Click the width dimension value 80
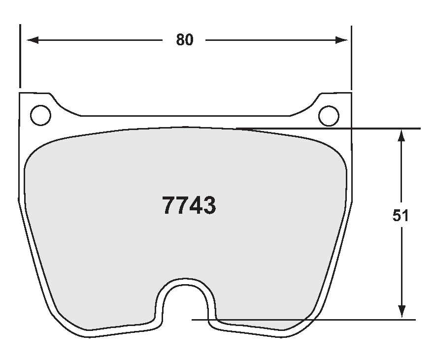(x=185, y=40)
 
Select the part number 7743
(x=189, y=205)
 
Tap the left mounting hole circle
(x=40, y=115)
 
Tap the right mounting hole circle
(x=329, y=116)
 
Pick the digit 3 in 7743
(x=209, y=205)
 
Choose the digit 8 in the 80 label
(x=180, y=40)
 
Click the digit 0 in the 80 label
(x=189, y=40)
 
